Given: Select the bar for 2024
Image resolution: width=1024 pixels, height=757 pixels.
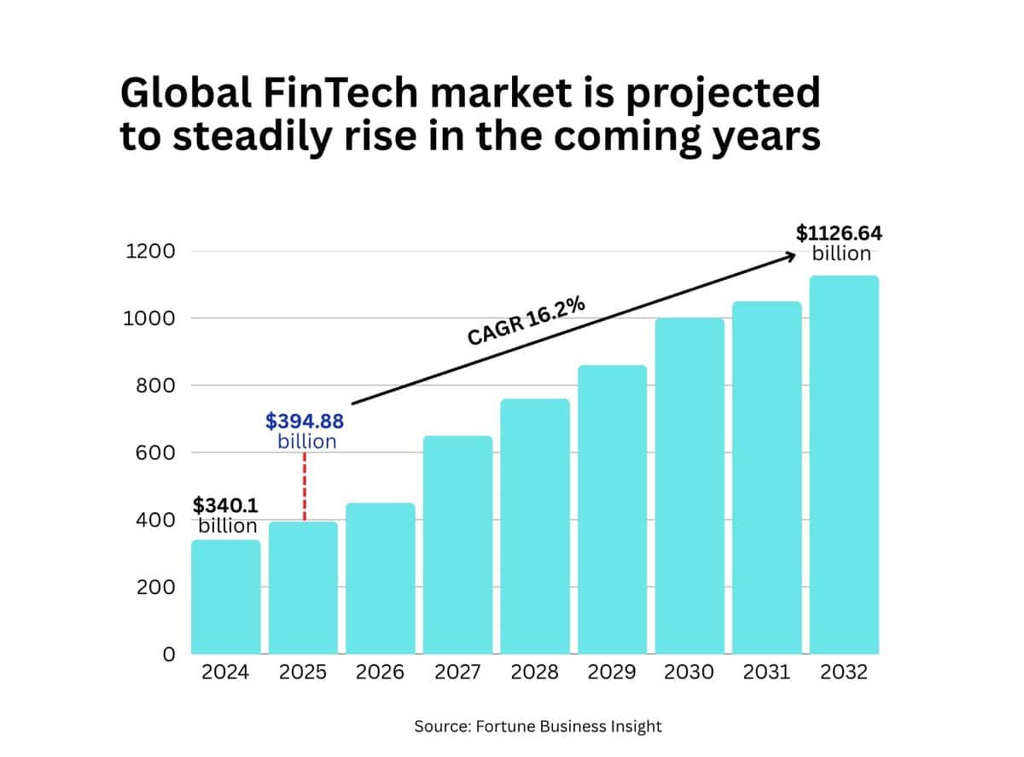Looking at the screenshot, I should click(x=225, y=597).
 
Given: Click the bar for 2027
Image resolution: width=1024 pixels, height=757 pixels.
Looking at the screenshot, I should click(x=457, y=546).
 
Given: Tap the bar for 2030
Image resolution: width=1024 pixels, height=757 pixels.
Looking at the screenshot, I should click(x=689, y=486).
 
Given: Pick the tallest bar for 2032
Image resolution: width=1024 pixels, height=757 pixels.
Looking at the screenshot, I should click(x=843, y=465).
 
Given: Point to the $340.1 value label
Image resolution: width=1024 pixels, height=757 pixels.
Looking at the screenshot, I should click(x=226, y=505).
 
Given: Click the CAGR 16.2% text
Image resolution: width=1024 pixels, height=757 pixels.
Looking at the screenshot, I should click(x=526, y=321).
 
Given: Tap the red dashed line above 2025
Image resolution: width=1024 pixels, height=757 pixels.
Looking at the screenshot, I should click(x=305, y=486).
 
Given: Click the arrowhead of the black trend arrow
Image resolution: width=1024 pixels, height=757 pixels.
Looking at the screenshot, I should click(x=791, y=254).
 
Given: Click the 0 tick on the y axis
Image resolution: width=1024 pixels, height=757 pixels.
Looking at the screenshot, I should click(x=168, y=655).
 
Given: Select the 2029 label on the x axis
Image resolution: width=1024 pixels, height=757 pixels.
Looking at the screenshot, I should click(x=612, y=673).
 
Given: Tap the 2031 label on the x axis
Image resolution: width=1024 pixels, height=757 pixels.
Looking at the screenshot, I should click(x=766, y=673).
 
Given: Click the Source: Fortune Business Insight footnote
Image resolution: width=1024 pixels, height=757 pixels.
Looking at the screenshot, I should click(x=538, y=726).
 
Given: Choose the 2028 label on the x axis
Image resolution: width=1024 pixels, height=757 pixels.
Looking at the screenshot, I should click(x=535, y=673).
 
